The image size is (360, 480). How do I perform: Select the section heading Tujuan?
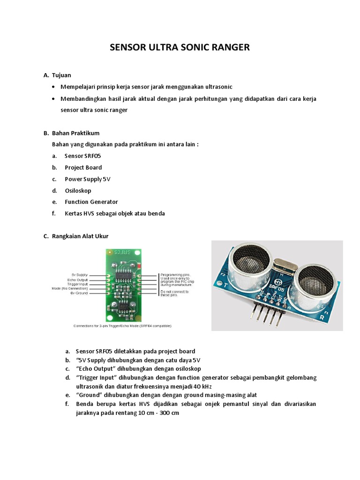click(x=61, y=75)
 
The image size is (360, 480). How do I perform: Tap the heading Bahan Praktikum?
click(x=75, y=133)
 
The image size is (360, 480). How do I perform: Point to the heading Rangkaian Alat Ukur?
click(x=80, y=236)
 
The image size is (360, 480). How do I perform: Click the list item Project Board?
click(x=83, y=167)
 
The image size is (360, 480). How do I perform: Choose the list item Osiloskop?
click(x=78, y=191)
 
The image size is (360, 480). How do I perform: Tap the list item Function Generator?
click(x=91, y=202)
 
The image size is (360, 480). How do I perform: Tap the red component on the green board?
click(x=139, y=268)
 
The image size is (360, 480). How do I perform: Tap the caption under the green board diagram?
click(x=123, y=325)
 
